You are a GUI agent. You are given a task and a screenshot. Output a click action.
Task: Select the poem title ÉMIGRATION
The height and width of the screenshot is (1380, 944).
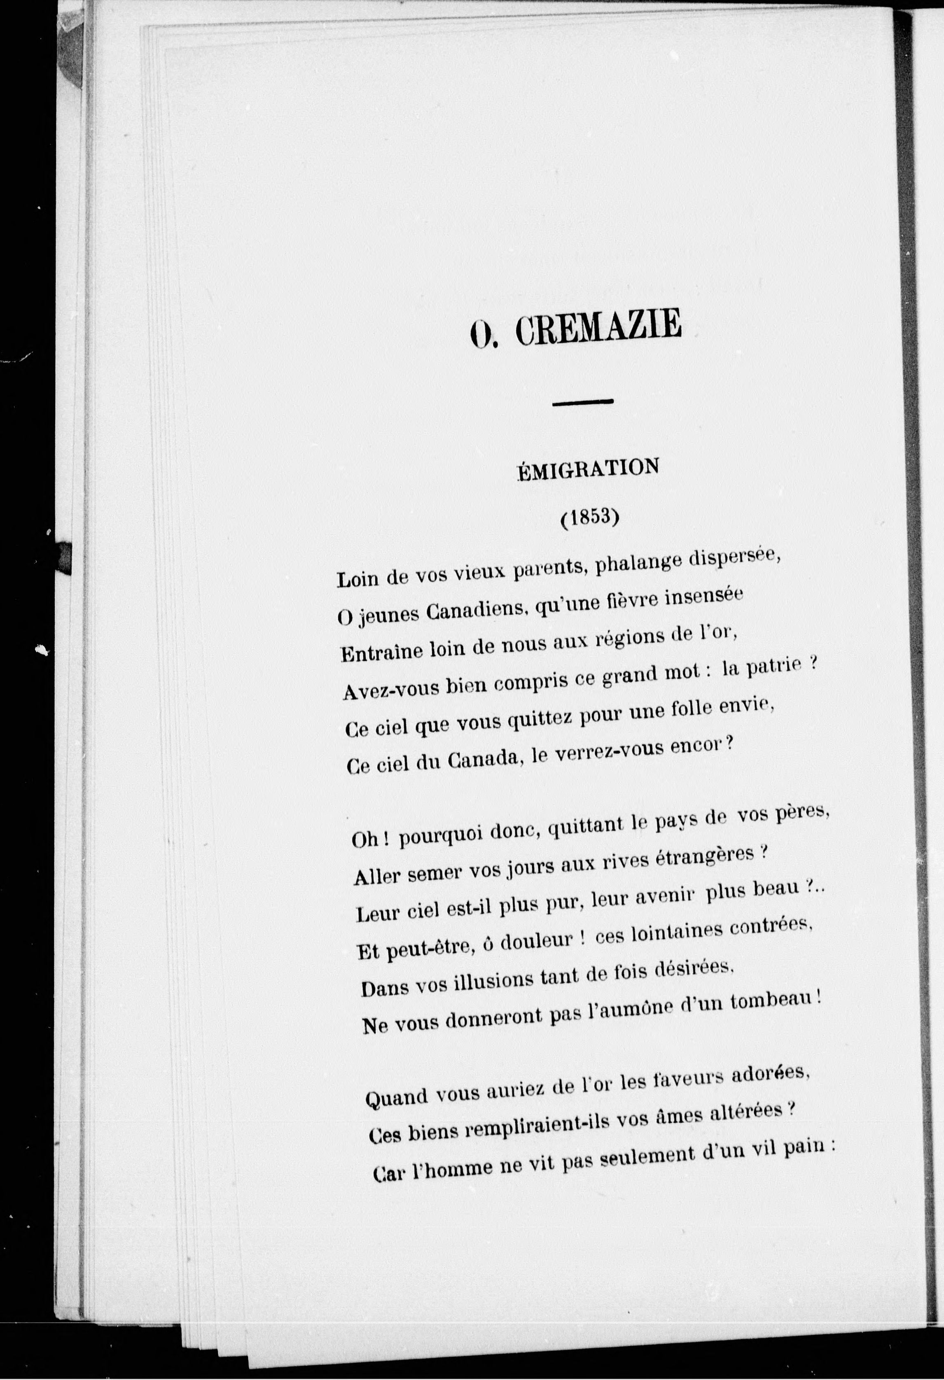pos(588,468)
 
